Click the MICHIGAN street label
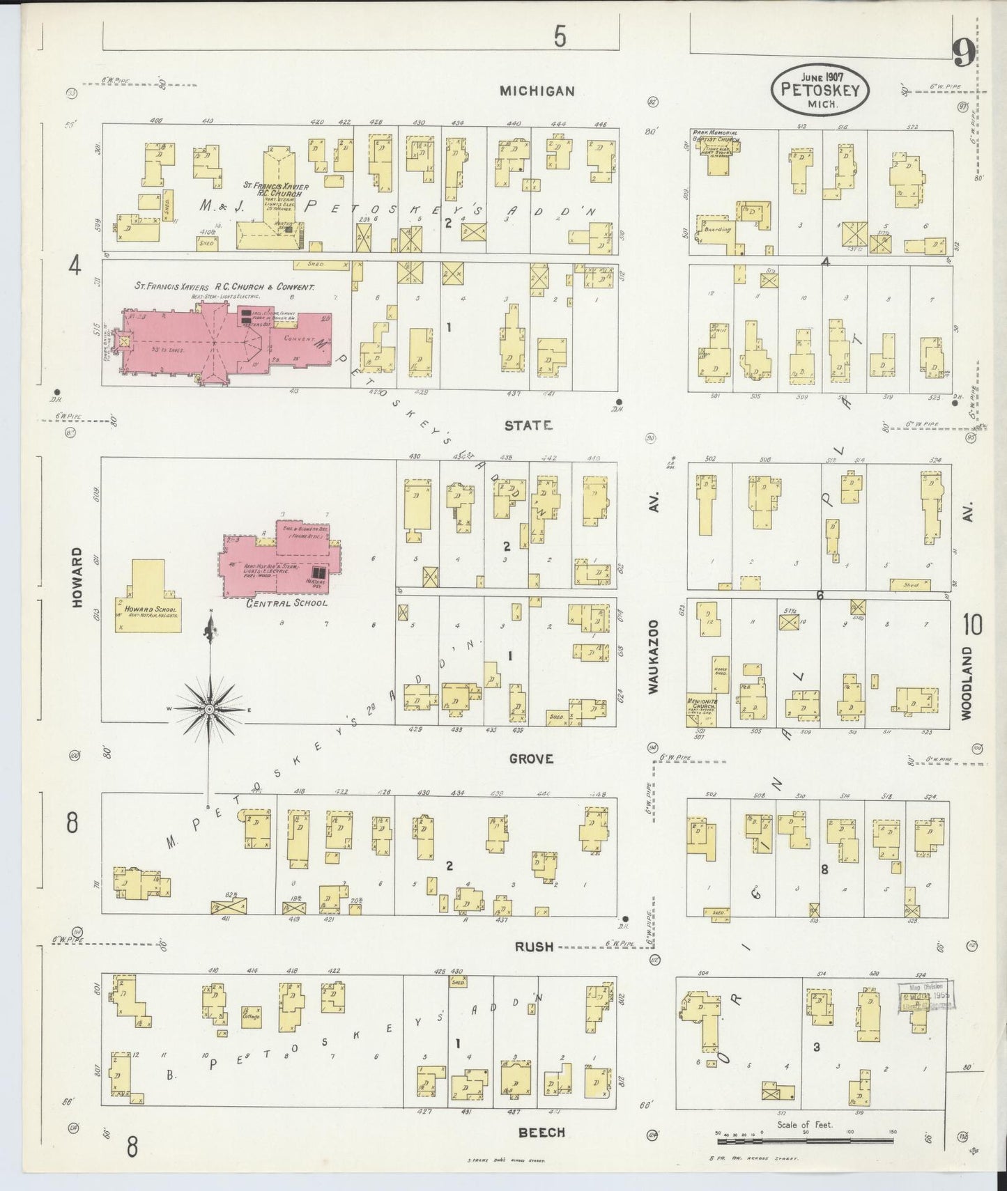(x=537, y=91)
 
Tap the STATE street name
(x=528, y=425)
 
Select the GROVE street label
(x=530, y=758)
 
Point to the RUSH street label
(x=534, y=947)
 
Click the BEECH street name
(x=541, y=1133)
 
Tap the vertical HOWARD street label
(x=77, y=577)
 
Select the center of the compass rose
(x=209, y=708)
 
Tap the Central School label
(x=286, y=603)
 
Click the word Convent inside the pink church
(x=300, y=338)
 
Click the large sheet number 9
(x=963, y=53)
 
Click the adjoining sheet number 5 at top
(x=560, y=37)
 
